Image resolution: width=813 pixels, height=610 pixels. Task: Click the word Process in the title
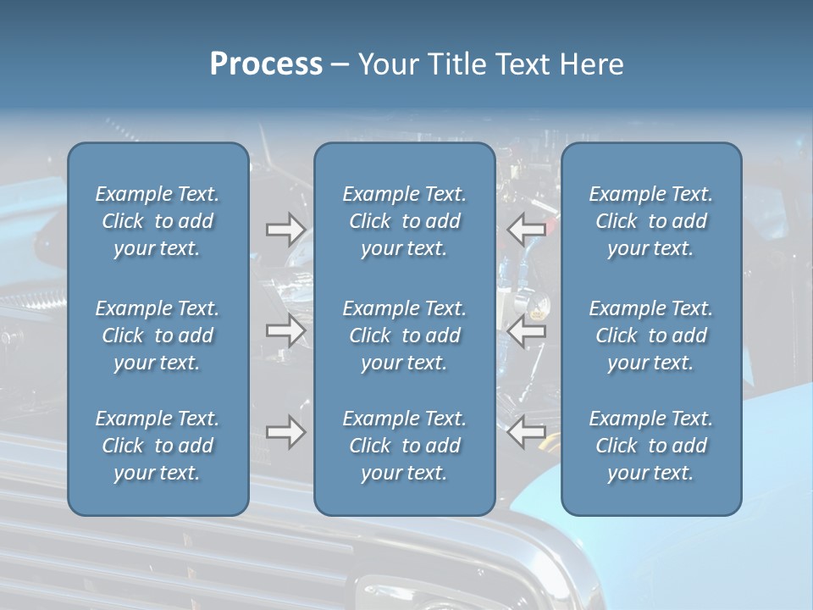point(266,64)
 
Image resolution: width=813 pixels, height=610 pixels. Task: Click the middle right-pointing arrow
point(285,330)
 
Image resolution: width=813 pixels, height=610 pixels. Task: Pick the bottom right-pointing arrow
point(285,432)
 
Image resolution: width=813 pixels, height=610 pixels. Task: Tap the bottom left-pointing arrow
point(526,432)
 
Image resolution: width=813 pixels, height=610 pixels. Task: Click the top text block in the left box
point(158,221)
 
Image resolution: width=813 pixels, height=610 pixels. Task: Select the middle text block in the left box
point(158,335)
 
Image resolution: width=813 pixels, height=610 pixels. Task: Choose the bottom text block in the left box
point(158,446)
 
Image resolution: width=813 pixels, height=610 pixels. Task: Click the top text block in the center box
point(405,221)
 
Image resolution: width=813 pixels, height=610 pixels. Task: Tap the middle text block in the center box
point(405,335)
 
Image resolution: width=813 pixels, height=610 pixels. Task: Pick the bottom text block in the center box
point(405,446)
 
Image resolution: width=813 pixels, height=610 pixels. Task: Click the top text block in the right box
point(651,221)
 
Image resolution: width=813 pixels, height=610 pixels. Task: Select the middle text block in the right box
point(651,335)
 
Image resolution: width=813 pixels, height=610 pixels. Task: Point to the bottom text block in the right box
point(651,446)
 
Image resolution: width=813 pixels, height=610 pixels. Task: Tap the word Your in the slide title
point(386,64)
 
